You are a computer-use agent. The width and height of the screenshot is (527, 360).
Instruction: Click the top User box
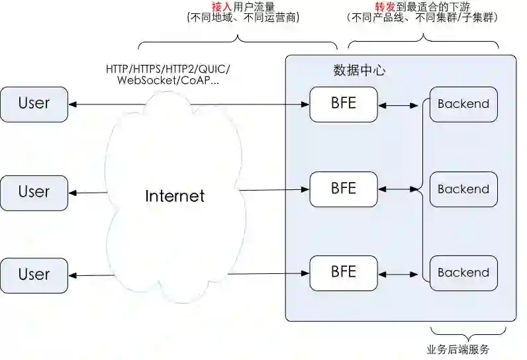(34, 104)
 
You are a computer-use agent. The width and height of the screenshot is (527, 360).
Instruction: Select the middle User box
(34, 193)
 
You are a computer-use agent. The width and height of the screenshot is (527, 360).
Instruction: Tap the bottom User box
(34, 275)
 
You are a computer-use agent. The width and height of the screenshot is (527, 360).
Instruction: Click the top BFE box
(343, 104)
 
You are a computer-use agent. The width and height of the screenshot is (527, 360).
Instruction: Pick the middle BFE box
(343, 189)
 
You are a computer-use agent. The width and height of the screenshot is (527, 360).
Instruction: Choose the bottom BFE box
(343, 272)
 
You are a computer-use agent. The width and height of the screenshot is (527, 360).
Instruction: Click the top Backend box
(463, 104)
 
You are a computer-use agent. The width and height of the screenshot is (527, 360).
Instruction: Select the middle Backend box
(463, 189)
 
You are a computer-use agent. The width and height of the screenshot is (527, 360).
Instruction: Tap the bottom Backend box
(463, 273)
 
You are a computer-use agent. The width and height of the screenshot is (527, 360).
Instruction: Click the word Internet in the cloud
(175, 197)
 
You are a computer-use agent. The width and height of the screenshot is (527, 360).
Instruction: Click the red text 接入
(222, 6)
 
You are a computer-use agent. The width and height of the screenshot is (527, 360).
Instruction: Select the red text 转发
(385, 6)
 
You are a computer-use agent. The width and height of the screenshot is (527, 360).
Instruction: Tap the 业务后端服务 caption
(457, 349)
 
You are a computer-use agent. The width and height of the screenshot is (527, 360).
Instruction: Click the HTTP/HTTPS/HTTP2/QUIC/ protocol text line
(168, 69)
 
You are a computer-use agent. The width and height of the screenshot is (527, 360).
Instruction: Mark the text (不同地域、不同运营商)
(243, 18)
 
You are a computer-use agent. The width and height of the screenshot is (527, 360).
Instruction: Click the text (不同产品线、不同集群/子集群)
(422, 18)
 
